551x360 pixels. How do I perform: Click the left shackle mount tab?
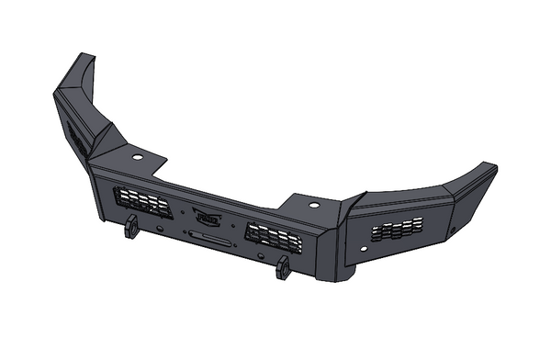click(x=131, y=226)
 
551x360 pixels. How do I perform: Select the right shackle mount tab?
click(x=282, y=267)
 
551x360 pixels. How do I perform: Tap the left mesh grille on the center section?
click(x=141, y=201)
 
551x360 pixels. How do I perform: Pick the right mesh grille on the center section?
click(x=273, y=238)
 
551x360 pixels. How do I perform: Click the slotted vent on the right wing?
click(x=397, y=229)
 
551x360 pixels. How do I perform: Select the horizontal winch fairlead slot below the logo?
click(x=209, y=237)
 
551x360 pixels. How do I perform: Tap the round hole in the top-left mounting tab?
click(x=137, y=157)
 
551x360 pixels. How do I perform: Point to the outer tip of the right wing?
click(x=492, y=170)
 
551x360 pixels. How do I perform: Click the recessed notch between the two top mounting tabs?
click(x=220, y=188)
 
